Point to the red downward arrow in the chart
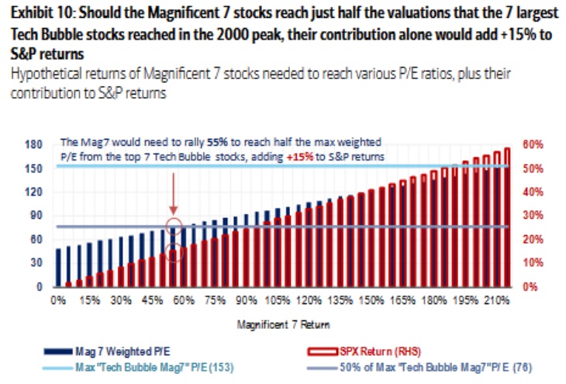(x=174, y=194)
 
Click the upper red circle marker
(x=174, y=227)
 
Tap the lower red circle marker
(x=174, y=253)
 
